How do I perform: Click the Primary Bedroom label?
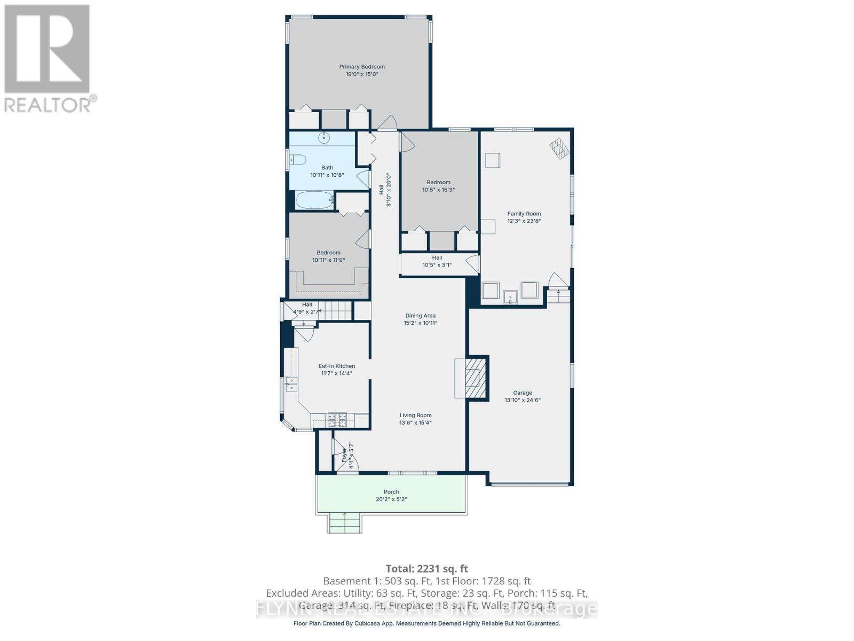coord(362,67)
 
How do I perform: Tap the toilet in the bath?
coord(297,159)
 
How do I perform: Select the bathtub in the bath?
coord(314,200)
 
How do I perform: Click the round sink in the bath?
coord(324,138)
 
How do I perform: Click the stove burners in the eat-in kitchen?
coord(337,420)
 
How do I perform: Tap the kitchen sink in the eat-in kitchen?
coord(291,384)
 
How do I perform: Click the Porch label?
coord(391,492)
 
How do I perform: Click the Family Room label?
coord(524,214)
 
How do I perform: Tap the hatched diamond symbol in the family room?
coord(560,148)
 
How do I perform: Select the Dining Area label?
coord(420,316)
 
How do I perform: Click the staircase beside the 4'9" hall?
coord(335,310)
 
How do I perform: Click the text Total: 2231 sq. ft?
coord(426,569)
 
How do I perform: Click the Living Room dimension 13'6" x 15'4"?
coord(415,423)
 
